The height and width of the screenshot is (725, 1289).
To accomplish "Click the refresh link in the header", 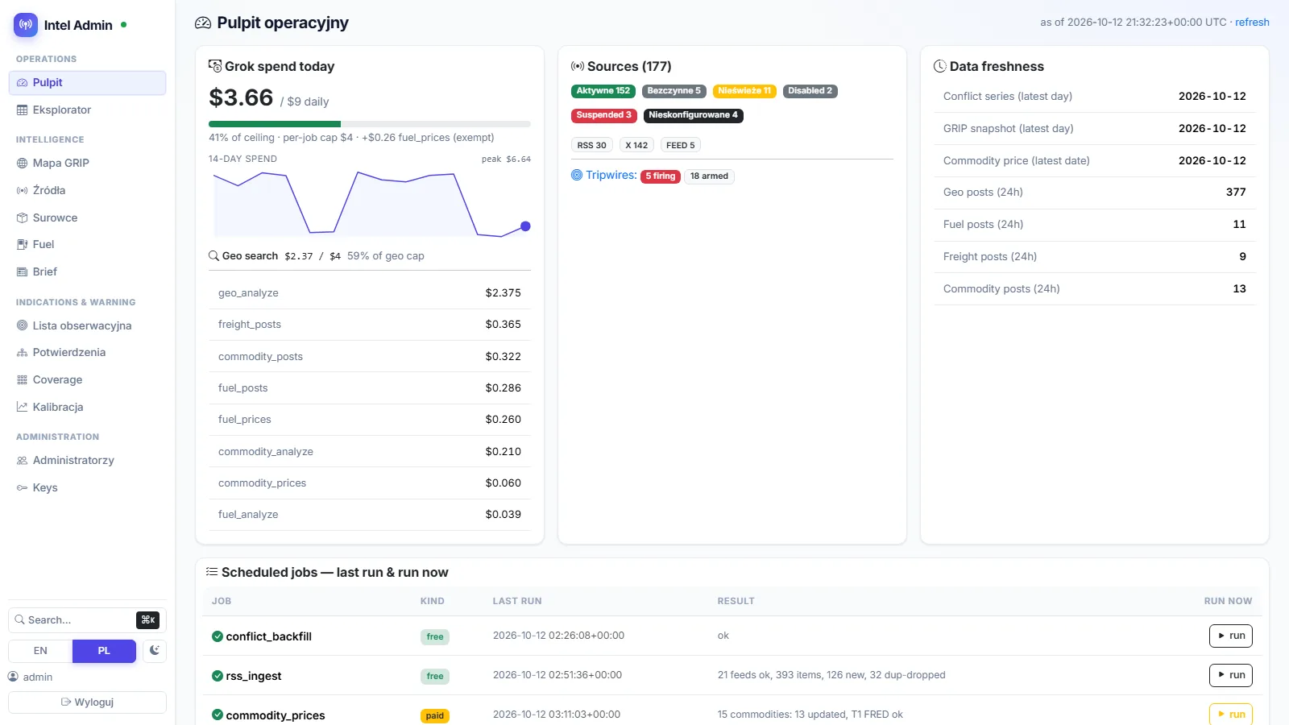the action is tap(1252, 23).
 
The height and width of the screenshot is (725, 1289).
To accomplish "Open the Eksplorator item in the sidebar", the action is tap(61, 110).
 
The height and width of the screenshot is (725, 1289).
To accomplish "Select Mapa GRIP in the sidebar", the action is tap(60, 163).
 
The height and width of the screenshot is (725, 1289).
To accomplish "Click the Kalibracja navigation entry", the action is tap(57, 407).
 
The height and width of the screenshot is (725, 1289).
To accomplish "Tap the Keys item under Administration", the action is tap(45, 487).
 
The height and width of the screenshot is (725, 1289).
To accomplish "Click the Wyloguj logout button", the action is tap(88, 702).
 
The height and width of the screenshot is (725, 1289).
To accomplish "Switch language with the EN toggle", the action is tap(40, 651).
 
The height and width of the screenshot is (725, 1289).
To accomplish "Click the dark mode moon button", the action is tap(154, 651).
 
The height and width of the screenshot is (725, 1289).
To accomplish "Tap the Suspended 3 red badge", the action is tap(603, 115).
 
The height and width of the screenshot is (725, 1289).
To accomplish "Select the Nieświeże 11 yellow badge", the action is tap(744, 91).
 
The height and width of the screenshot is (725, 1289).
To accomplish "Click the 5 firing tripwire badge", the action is tap(660, 176).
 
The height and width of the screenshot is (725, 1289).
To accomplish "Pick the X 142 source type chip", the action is tap(636, 145).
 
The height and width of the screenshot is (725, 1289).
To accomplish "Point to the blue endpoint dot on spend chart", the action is tap(525, 226).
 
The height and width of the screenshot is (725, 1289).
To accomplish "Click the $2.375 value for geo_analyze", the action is tap(503, 293).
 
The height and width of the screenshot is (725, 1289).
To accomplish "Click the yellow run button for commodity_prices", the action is tap(1231, 714).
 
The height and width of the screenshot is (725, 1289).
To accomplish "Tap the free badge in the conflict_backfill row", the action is tap(434, 636).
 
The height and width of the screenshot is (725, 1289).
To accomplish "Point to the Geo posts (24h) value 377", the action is tap(1236, 193).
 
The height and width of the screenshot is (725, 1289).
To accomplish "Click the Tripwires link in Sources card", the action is tap(611, 175).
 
